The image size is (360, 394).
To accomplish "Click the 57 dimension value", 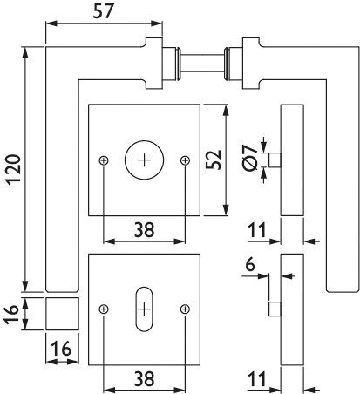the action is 104,12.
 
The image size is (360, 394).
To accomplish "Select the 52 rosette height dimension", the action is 214,160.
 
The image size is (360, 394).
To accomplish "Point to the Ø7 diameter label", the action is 249,159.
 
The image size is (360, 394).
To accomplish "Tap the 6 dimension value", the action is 250,264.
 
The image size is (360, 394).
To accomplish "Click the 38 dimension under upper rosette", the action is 144,229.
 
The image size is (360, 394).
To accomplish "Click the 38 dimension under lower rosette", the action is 144,379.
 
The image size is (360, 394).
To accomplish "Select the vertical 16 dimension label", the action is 11,314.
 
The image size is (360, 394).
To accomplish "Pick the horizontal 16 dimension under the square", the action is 61,349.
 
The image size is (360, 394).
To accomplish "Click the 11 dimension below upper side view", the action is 257,230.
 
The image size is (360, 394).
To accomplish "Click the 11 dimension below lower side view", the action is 257,379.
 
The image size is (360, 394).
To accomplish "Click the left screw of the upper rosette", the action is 104,160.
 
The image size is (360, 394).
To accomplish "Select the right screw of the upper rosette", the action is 185,160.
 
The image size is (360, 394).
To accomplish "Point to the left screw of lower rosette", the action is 104,309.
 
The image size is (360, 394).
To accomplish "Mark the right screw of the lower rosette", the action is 185,309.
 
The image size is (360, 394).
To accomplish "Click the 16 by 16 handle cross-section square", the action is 62,314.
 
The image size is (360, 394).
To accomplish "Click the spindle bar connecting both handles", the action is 202,63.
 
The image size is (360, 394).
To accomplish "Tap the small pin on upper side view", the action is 275,160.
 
